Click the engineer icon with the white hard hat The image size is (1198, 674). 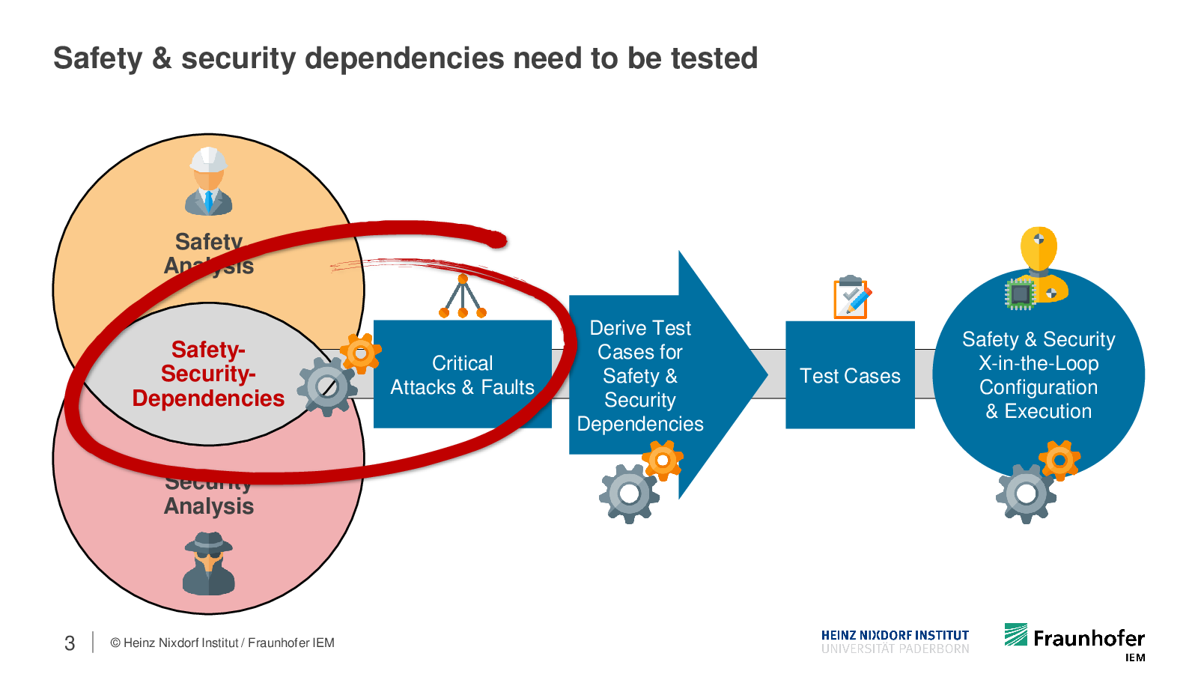(x=209, y=180)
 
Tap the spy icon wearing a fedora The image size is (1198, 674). (x=209, y=563)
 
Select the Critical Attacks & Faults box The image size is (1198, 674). (x=462, y=374)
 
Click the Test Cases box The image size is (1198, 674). (x=850, y=375)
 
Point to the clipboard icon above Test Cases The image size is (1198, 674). (x=852, y=297)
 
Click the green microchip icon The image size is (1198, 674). (x=1019, y=294)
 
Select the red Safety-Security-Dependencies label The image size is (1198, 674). (x=208, y=374)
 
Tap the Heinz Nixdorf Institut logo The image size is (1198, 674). (x=895, y=641)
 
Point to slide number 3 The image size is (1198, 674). (x=70, y=643)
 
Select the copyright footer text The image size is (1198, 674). (x=222, y=643)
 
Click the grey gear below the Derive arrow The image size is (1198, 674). (x=629, y=494)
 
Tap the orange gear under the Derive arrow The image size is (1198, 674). (x=663, y=460)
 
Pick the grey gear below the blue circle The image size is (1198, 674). (x=1026, y=494)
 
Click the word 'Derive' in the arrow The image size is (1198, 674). (x=618, y=328)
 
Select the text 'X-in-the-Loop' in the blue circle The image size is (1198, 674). (x=1039, y=363)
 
